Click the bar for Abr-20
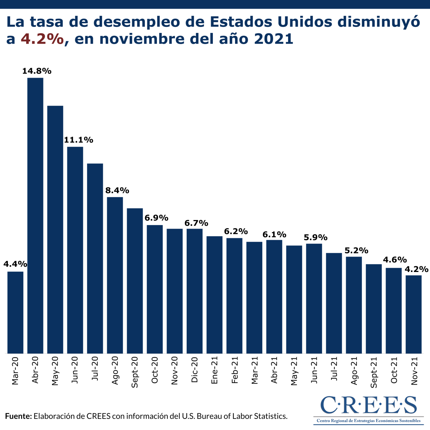pyautogui.click(x=35, y=215)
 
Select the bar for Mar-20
pyautogui.click(x=15, y=312)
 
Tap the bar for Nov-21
pyautogui.click(x=414, y=314)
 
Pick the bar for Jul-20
pyautogui.click(x=95, y=258)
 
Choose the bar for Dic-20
pyautogui.click(x=195, y=291)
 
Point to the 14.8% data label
pyautogui.click(x=37, y=71)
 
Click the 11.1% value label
pyautogui.click(x=78, y=140)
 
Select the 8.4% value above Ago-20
pyautogui.click(x=117, y=190)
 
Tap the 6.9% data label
pyautogui.click(x=156, y=218)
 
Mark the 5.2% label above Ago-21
pyautogui.click(x=356, y=250)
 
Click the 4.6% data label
pyautogui.click(x=395, y=260)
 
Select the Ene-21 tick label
pyautogui.click(x=215, y=371)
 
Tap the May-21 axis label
pyautogui.click(x=294, y=371)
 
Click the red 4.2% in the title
pyautogui.click(x=42, y=39)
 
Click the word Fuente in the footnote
pyautogui.click(x=19, y=416)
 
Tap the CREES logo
pyautogui.click(x=368, y=409)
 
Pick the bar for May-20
pyautogui.click(x=55, y=229)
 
